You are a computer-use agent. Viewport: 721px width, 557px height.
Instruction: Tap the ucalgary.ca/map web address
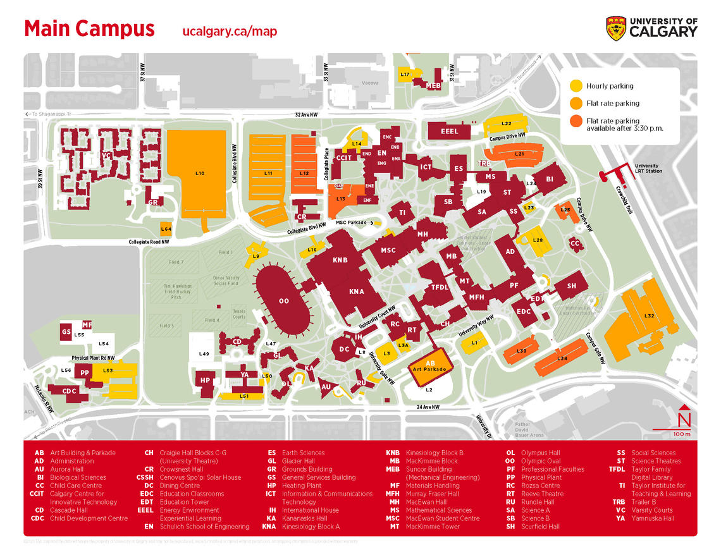(x=229, y=32)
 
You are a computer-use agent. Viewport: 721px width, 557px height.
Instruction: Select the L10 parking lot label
(x=200, y=173)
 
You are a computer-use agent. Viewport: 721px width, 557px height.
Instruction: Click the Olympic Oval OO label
(x=283, y=301)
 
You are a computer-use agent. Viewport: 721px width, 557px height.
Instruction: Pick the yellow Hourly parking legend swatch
(x=576, y=85)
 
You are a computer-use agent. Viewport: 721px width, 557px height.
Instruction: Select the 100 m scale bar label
(x=682, y=435)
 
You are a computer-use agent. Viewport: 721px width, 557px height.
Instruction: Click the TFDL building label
(x=440, y=287)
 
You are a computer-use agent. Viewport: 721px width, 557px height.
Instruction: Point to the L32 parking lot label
(x=648, y=315)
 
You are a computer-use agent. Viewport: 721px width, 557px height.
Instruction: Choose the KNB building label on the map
(x=340, y=259)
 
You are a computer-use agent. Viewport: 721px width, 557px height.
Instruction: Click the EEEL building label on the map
(x=449, y=132)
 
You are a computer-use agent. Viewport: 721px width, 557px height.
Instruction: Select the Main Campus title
(x=89, y=29)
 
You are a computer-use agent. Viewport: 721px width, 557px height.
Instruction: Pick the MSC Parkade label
(x=350, y=223)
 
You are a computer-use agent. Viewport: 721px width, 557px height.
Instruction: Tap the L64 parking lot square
(x=166, y=228)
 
